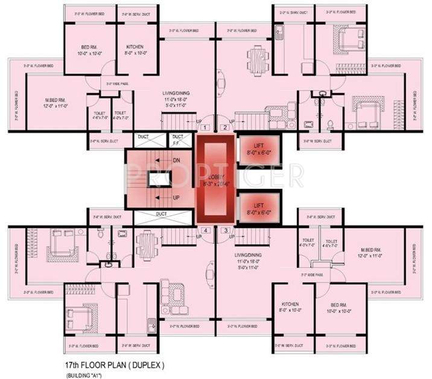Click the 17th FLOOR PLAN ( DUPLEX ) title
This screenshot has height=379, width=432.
[113, 366]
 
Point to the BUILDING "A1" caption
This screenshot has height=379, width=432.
[84, 375]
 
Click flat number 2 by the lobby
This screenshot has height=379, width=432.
[224, 127]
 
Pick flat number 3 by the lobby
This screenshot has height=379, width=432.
[224, 230]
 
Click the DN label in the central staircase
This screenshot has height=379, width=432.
[177, 161]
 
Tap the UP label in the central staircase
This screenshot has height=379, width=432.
[177, 197]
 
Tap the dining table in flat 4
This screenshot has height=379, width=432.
[145, 242]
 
